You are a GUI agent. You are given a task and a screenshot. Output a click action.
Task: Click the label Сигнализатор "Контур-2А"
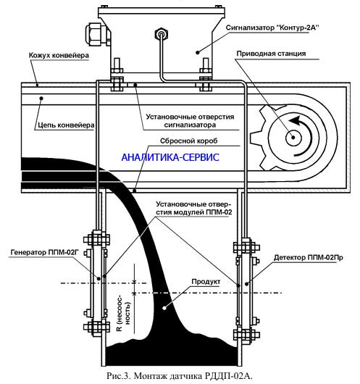pos(272,28)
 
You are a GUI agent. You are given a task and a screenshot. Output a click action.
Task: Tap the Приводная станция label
pos(271,54)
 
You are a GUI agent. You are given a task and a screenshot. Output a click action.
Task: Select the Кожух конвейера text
pos(59,55)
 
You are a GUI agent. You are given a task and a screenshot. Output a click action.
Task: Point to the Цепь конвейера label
pos(66,125)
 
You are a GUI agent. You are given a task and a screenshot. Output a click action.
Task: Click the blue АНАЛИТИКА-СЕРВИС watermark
pos(170,157)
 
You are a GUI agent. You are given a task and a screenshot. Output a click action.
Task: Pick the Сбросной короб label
pos(188,141)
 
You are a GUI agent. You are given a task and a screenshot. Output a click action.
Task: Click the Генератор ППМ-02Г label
pos(44,252)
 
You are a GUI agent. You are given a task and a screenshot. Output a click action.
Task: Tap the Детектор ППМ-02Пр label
pos(309,257)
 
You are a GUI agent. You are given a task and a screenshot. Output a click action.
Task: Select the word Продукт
pos(206,282)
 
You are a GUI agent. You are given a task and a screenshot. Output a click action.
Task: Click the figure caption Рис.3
pos(180,376)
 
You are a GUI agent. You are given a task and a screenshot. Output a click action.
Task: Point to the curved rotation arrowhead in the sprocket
pos(295,120)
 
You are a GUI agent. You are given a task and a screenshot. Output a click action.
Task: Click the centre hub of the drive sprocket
pos(293,137)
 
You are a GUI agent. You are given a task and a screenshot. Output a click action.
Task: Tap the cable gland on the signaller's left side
pos(96,34)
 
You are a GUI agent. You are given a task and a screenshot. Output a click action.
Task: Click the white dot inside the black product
pos(165,308)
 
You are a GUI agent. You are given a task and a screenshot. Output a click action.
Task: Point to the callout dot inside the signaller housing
pos(198,52)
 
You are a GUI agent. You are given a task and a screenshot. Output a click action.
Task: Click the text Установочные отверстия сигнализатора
pos(190,121)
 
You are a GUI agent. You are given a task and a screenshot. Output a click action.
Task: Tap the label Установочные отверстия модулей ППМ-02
pos(193,208)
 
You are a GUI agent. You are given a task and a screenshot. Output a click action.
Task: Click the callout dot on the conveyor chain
pos(41,99)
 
